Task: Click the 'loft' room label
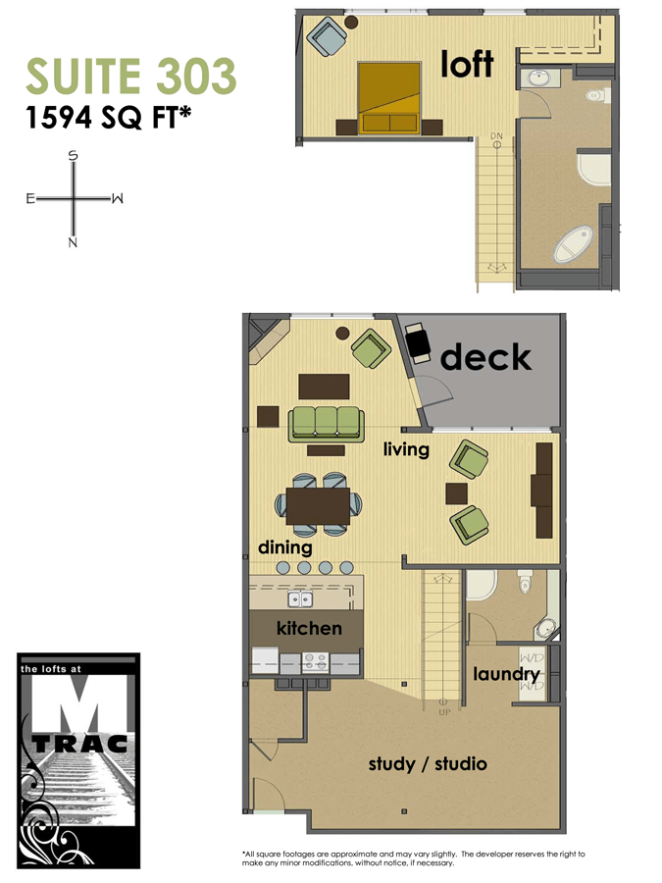[x=467, y=65]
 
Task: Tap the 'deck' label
[x=485, y=357]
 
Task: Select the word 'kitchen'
[x=309, y=628]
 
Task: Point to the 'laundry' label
[x=506, y=675]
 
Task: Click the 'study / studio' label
[x=427, y=763]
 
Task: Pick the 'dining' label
[x=284, y=547]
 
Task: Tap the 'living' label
[x=406, y=449]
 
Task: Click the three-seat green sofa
[x=326, y=423]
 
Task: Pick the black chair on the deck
[x=419, y=341]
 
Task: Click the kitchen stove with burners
[x=317, y=660]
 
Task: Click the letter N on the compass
[x=73, y=241]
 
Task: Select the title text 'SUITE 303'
[x=130, y=77]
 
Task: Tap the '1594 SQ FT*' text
[x=108, y=118]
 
